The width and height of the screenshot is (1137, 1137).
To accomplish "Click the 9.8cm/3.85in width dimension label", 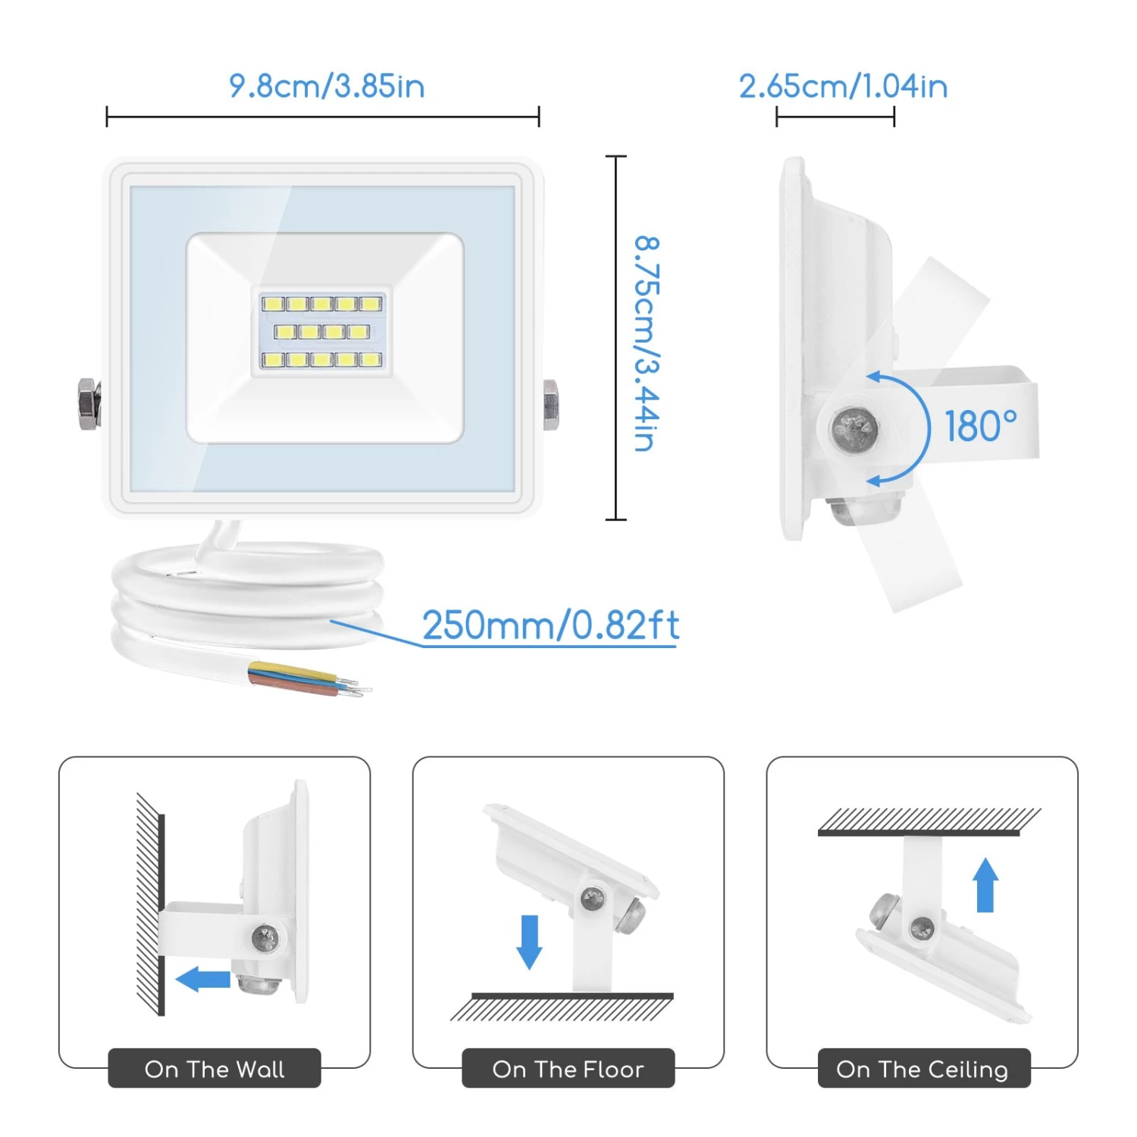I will (327, 86).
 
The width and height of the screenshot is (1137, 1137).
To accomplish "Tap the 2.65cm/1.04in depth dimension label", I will (843, 86).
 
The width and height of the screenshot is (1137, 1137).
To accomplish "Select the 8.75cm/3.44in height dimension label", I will (647, 343).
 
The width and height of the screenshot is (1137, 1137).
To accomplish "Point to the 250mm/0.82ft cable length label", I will (550, 626).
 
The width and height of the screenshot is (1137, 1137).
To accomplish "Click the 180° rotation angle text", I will (980, 426).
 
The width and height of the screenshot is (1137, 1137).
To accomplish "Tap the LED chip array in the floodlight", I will (322, 331).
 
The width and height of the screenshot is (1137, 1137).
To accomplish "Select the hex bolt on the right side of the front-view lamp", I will (551, 404).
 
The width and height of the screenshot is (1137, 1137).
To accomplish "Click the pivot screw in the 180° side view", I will (854, 429).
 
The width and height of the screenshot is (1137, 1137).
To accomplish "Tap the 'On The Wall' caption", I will (215, 1069).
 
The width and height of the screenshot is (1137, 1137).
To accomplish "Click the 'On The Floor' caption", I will (568, 1069).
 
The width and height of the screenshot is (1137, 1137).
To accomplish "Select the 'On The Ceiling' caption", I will (922, 1069).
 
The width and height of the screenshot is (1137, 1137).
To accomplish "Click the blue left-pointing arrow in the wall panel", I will (203, 979).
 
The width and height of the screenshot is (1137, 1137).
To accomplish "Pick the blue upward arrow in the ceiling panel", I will (985, 885).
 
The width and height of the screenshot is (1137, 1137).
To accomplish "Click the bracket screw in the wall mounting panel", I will (265, 938).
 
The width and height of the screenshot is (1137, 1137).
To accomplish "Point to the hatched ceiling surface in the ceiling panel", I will (929, 820).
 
